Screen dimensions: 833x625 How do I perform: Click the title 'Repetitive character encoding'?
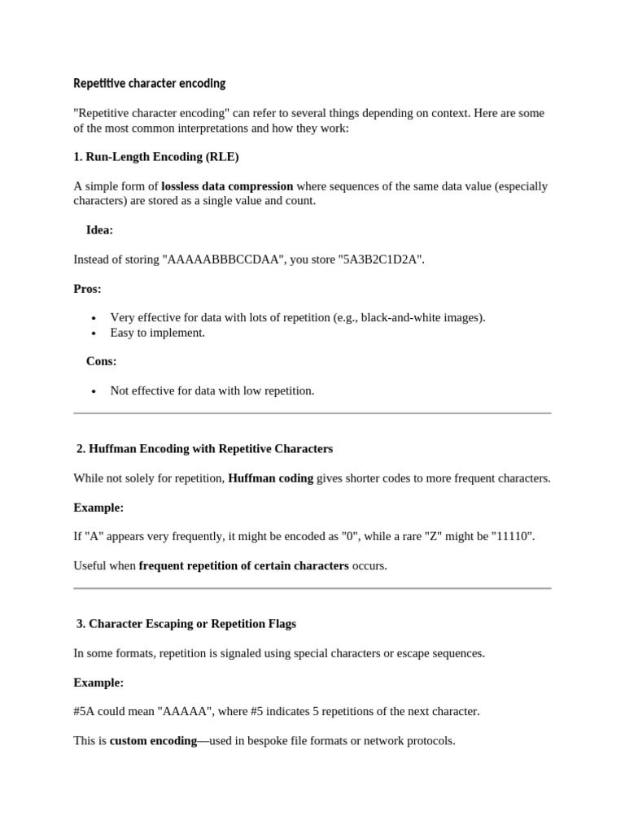click(x=149, y=84)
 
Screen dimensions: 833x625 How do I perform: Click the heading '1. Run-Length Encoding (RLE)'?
click(x=156, y=156)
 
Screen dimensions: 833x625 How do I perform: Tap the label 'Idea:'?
click(x=99, y=230)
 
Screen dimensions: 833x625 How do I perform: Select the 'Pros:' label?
click(x=87, y=289)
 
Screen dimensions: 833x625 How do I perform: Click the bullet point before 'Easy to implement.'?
click(x=94, y=333)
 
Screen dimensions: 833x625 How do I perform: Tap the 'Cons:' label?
click(x=101, y=361)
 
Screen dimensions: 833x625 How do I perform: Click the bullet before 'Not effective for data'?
click(x=94, y=391)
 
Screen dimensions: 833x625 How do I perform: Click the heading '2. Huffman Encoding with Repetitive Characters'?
click(x=204, y=449)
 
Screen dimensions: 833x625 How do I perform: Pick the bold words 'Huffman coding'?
click(x=270, y=478)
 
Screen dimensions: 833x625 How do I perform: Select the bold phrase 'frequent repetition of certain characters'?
click(x=244, y=565)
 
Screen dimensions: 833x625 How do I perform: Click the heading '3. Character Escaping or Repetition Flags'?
click(x=186, y=624)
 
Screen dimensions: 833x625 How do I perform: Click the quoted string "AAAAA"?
click(x=184, y=712)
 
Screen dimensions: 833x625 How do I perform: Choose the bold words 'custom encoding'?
click(x=153, y=741)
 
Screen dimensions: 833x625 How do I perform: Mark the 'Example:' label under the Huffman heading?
click(x=98, y=508)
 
